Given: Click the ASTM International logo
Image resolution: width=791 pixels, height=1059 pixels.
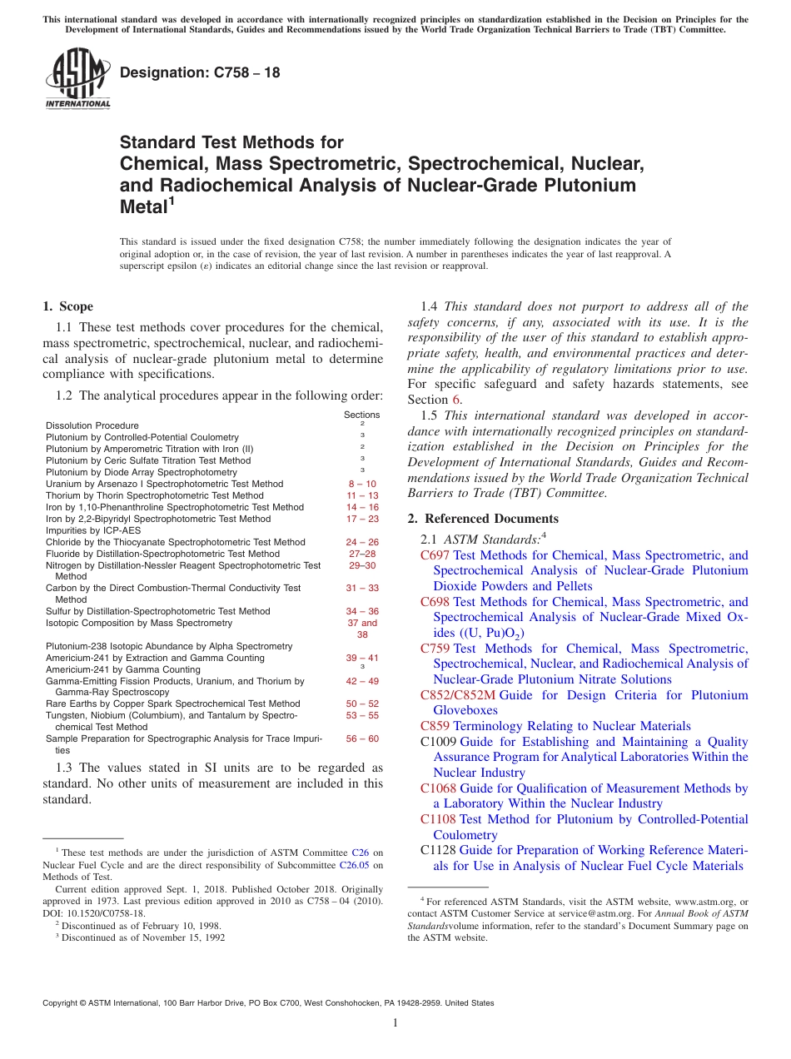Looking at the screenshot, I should point(77,79).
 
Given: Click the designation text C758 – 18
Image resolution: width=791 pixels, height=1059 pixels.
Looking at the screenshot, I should point(200,72).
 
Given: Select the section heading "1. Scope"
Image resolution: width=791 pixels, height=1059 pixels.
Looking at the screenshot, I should point(67,306).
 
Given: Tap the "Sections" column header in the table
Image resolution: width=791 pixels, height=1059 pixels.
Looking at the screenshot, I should point(361,415).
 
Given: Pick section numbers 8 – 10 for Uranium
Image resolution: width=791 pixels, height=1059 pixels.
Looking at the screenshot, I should point(361,484).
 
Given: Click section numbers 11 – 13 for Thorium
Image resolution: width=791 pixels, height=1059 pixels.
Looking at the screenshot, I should point(361,495).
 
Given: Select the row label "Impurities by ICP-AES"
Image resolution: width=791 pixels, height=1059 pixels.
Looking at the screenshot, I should point(93,530).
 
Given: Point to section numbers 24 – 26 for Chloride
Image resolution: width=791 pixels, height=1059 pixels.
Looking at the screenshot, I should point(361,542).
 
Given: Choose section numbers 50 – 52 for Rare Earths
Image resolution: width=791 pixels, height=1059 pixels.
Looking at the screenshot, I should point(361,704).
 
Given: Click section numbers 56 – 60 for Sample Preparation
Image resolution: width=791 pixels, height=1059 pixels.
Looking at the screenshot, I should point(361,738).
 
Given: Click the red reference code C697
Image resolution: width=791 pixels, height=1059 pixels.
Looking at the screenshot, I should point(435,555).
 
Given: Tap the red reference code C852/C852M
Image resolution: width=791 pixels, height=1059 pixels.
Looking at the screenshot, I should point(457,695).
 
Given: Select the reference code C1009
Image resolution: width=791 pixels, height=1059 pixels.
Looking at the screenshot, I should point(438,742).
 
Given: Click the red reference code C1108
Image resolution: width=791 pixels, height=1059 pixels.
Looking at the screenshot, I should point(438,819).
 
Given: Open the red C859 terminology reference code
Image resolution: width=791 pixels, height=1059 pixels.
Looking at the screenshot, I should point(435,726).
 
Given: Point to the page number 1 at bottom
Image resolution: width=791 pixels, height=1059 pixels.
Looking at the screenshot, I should point(395,1023).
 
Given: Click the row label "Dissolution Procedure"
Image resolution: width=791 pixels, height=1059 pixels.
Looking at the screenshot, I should point(92,425).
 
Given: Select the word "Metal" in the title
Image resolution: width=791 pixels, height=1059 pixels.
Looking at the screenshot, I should point(143,207).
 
